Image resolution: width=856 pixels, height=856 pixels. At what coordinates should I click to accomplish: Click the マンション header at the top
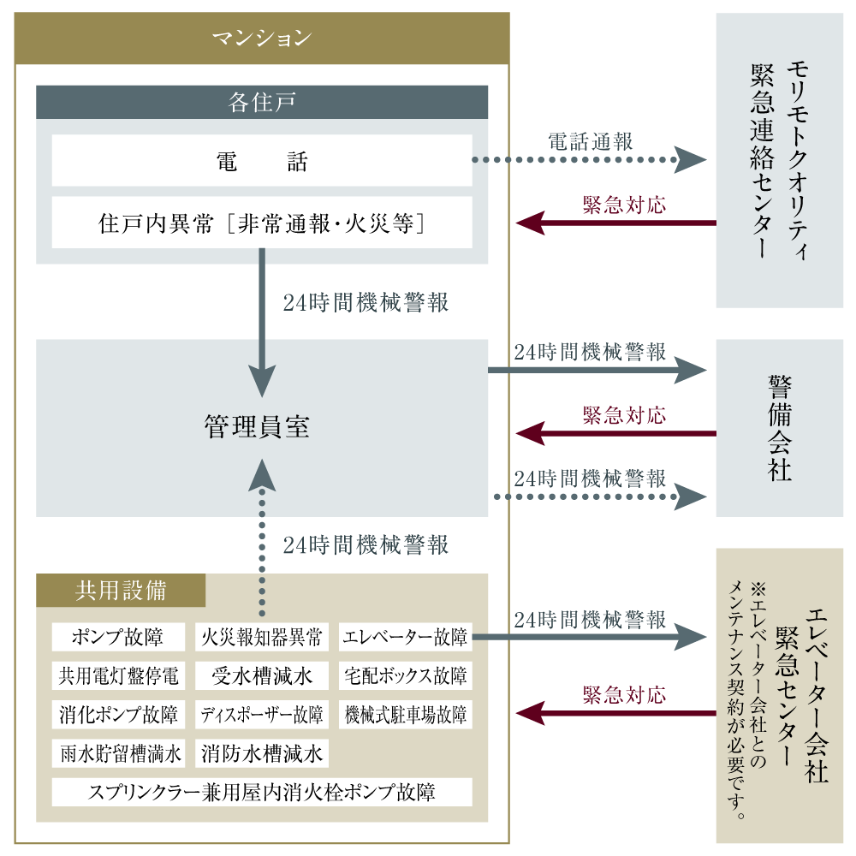point(262,39)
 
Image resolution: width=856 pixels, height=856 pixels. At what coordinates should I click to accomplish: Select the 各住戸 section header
point(262,102)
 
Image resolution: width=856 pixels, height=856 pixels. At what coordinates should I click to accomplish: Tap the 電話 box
point(262,161)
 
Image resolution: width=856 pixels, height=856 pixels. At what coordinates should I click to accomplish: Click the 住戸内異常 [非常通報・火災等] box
point(262,223)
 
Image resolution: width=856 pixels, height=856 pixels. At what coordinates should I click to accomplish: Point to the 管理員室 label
point(257,426)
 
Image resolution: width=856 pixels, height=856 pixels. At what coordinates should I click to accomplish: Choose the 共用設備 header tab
point(121,590)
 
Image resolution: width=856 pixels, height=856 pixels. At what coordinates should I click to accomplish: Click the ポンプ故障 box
point(118,637)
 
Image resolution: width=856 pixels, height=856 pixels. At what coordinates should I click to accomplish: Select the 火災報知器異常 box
point(262,637)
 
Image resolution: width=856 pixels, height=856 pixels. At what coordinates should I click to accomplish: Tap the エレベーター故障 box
point(406,637)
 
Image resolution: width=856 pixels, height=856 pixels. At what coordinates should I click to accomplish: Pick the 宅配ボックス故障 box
point(406,676)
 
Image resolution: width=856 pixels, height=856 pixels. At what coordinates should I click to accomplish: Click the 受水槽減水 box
point(262,676)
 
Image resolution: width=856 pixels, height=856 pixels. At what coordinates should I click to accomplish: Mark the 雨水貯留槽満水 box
point(118,753)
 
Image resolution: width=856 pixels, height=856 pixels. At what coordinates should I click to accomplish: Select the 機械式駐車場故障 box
point(406,715)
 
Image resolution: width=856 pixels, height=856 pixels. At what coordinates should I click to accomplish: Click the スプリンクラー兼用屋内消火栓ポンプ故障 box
point(262,792)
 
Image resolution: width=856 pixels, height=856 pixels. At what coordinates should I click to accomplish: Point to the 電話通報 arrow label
point(591,141)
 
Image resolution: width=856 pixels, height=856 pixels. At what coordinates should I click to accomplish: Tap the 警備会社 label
point(780,428)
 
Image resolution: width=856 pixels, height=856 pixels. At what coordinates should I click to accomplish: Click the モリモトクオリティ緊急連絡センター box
point(780,161)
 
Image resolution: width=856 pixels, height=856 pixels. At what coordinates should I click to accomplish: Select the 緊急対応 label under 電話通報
point(625,205)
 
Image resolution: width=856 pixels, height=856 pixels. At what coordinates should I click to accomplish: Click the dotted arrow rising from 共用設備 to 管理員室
point(262,538)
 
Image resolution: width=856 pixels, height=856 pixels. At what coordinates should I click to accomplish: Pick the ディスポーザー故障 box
point(262,715)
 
